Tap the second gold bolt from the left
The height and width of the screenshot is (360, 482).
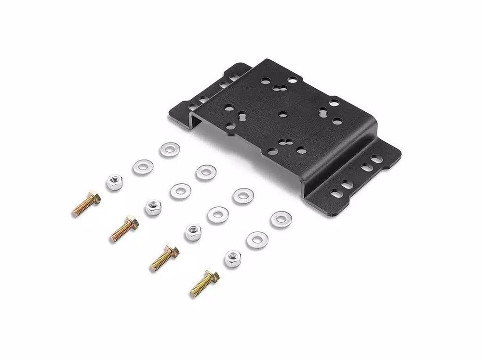click(125, 229)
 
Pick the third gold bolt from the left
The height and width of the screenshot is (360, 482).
click(163, 256)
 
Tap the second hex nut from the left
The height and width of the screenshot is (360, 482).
click(153, 208)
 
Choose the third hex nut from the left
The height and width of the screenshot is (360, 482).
click(193, 233)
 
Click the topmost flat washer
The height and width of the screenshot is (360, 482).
click(167, 149)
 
